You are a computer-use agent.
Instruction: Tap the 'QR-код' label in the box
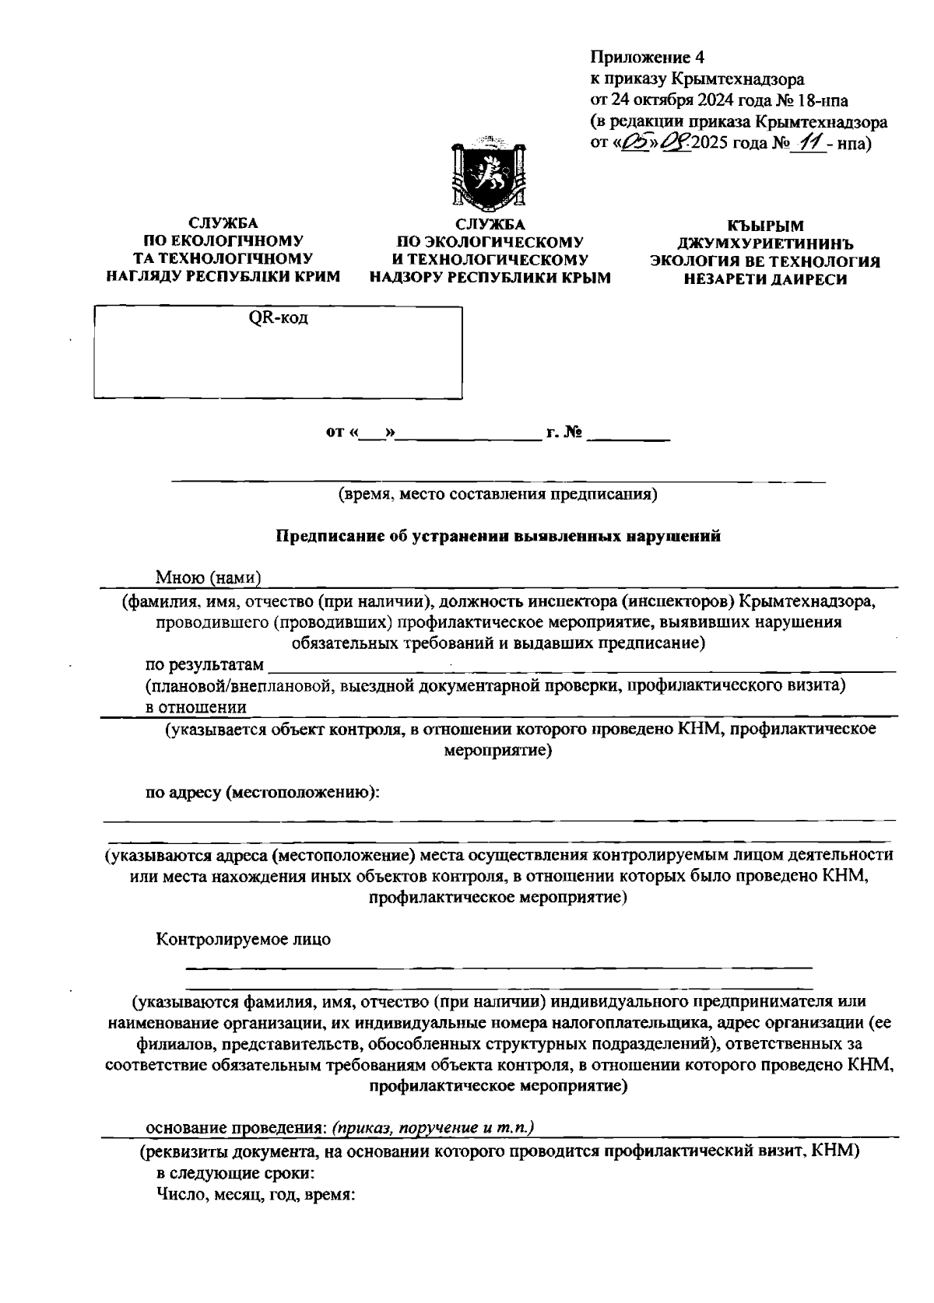[278, 318]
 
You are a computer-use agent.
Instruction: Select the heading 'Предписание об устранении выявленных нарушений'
[499, 536]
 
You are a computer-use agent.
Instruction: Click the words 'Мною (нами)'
[207, 577]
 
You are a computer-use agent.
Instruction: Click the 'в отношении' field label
[197, 707]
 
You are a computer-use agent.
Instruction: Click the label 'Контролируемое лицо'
[243, 939]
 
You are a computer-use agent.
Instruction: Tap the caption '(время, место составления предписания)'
[497, 493]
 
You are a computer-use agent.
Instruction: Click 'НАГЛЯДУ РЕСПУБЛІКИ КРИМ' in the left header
[223, 276]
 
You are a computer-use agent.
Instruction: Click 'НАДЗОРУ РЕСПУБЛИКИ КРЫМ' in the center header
[490, 277]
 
